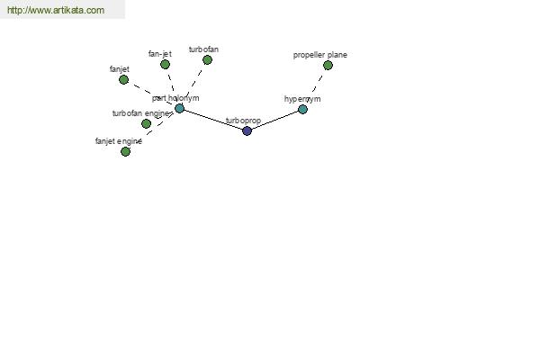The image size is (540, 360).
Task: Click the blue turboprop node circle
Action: coord(247,130)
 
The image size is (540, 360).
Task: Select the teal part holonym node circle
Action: coord(179,109)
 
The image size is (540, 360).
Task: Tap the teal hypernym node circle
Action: coord(302,110)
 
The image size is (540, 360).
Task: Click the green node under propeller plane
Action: coord(328,66)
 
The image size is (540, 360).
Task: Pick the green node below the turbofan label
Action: coord(207,60)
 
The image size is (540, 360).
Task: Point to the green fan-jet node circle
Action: coord(165,65)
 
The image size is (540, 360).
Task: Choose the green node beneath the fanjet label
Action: coord(123,79)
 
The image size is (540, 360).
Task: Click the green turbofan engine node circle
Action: coord(146,123)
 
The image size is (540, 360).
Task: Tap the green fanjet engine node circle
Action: coord(125,151)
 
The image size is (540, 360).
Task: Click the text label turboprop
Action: coord(243,121)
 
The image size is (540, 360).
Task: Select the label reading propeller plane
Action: coord(319,55)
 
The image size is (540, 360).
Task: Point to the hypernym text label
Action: coord(302,99)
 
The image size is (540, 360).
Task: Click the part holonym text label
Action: coord(175,98)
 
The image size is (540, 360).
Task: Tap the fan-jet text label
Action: coord(160,54)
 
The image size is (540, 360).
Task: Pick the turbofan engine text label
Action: coord(141,113)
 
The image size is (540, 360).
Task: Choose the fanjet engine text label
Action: coord(119,141)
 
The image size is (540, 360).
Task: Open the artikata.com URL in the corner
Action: coord(56,10)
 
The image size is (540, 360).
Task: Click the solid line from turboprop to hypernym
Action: coord(274,121)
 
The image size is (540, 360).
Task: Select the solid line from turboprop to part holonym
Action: coord(213,120)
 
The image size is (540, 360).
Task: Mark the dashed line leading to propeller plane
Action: coord(318,84)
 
